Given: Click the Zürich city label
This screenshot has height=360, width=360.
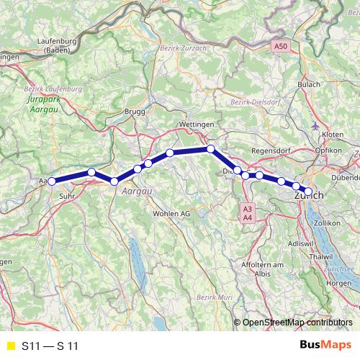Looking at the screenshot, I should [x=307, y=196].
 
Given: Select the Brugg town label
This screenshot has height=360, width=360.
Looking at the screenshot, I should [x=135, y=112].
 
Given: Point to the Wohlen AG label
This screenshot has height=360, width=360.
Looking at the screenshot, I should [x=171, y=214].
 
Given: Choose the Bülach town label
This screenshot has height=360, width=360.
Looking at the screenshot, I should [x=309, y=85].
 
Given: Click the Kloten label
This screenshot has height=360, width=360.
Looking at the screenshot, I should [x=333, y=135].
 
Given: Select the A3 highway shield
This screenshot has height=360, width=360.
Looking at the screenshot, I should [x=247, y=208].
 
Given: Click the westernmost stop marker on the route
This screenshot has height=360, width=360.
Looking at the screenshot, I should [x=52, y=181].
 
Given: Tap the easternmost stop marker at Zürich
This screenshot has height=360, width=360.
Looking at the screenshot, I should [x=308, y=191].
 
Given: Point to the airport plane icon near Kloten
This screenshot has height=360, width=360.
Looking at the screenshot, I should [x=315, y=127].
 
